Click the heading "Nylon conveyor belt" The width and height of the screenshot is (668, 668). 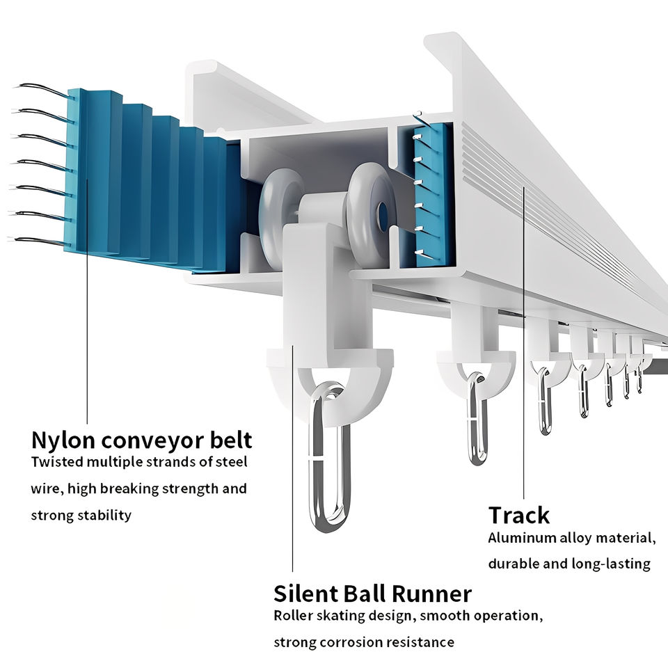(142, 441)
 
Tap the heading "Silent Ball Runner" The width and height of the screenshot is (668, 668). (373, 594)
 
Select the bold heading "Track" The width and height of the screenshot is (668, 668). (519, 515)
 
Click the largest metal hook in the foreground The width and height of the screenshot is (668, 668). (331, 456)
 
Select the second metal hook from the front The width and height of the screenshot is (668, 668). (477, 418)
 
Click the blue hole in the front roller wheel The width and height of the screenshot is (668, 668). (382, 212)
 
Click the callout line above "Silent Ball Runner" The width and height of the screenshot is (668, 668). (293, 459)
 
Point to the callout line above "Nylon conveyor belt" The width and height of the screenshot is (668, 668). (87, 301)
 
